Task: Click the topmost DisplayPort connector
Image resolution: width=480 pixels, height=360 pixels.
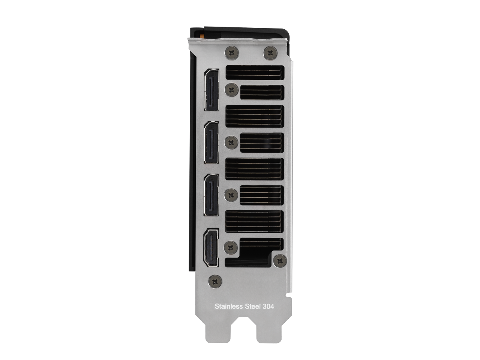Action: (x=211, y=89)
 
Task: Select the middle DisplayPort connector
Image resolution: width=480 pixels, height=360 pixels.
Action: (x=211, y=142)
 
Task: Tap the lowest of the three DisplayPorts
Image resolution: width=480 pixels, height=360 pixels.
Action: (x=211, y=195)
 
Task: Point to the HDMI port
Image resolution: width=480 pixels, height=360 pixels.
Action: (x=211, y=248)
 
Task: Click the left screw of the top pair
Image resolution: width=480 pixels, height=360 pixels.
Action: (x=232, y=52)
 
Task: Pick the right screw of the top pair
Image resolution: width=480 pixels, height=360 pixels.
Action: (x=270, y=52)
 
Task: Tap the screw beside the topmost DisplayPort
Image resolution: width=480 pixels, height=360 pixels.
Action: (x=232, y=90)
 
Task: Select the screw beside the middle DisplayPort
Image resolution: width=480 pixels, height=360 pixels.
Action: (x=231, y=142)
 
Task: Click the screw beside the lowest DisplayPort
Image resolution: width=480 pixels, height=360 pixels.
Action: (x=231, y=195)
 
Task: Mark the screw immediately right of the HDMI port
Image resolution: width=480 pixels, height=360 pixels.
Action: (x=231, y=247)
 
